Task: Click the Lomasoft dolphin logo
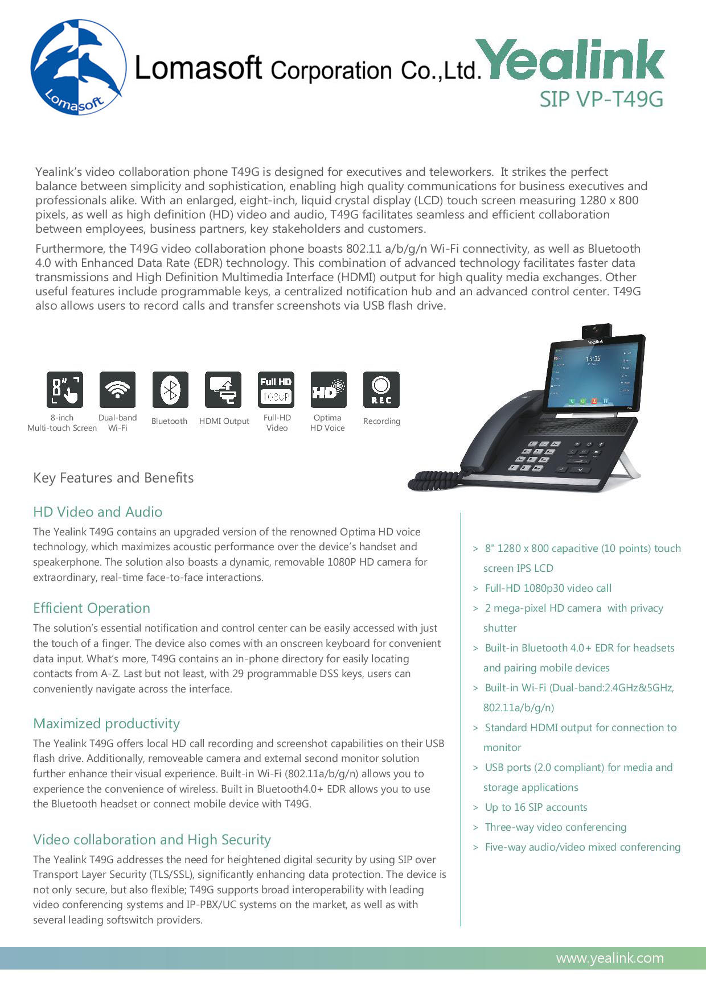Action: pyautogui.click(x=78, y=67)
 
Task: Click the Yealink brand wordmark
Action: pyautogui.click(x=571, y=60)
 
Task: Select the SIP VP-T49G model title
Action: pyautogui.click(x=601, y=100)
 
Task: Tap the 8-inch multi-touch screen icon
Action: pyautogui.click(x=64, y=390)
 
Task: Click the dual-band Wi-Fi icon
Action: pyautogui.click(x=117, y=390)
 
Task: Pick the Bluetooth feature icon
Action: pyautogui.click(x=170, y=390)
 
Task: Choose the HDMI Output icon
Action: pyautogui.click(x=223, y=390)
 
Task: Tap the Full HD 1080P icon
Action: pyautogui.click(x=276, y=390)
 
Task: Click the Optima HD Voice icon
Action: pyautogui.click(x=329, y=390)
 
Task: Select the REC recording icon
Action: pyautogui.click(x=381, y=390)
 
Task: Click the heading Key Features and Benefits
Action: pyautogui.click(x=113, y=478)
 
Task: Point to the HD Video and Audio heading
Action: pyautogui.click(x=97, y=512)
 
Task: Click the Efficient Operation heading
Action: pyautogui.click(x=92, y=608)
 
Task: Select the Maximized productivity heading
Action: pyautogui.click(x=106, y=724)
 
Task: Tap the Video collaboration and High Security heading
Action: pyautogui.click(x=152, y=840)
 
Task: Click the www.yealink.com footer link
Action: pyautogui.click(x=610, y=958)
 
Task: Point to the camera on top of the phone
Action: pyautogui.click(x=596, y=331)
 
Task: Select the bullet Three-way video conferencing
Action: pyautogui.click(x=555, y=827)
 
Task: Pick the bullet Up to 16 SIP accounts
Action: pyautogui.click(x=536, y=807)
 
